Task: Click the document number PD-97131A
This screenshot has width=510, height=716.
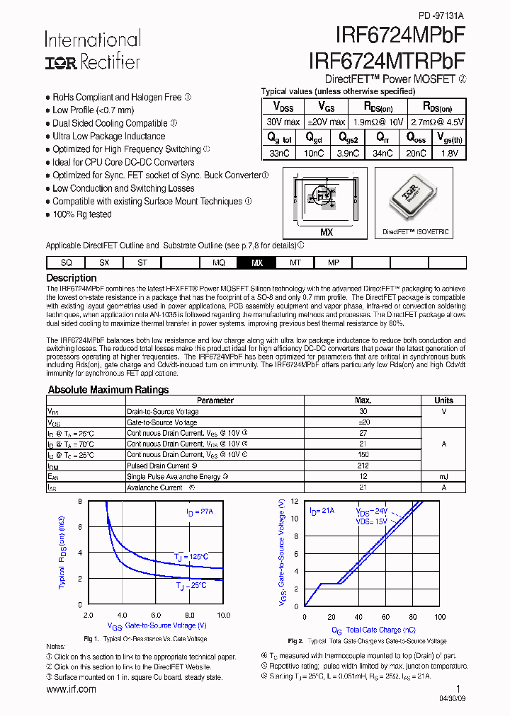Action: click(442, 15)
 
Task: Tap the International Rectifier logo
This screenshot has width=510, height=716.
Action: click(93, 50)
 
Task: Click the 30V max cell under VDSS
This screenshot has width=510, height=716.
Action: click(282, 122)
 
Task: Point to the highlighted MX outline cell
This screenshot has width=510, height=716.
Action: click(256, 262)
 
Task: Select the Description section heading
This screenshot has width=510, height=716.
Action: click(72, 278)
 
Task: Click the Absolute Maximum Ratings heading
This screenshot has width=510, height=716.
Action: click(108, 390)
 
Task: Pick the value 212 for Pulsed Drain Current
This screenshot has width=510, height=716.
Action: click(363, 466)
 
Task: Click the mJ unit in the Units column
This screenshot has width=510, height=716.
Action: click(443, 477)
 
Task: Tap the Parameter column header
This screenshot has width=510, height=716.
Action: click(215, 400)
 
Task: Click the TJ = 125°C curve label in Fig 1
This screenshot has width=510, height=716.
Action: click(191, 557)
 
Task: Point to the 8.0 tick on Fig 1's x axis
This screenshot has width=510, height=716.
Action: click(190, 616)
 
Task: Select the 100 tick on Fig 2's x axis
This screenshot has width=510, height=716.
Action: click(440, 617)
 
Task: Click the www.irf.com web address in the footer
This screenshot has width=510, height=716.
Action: click(71, 689)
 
